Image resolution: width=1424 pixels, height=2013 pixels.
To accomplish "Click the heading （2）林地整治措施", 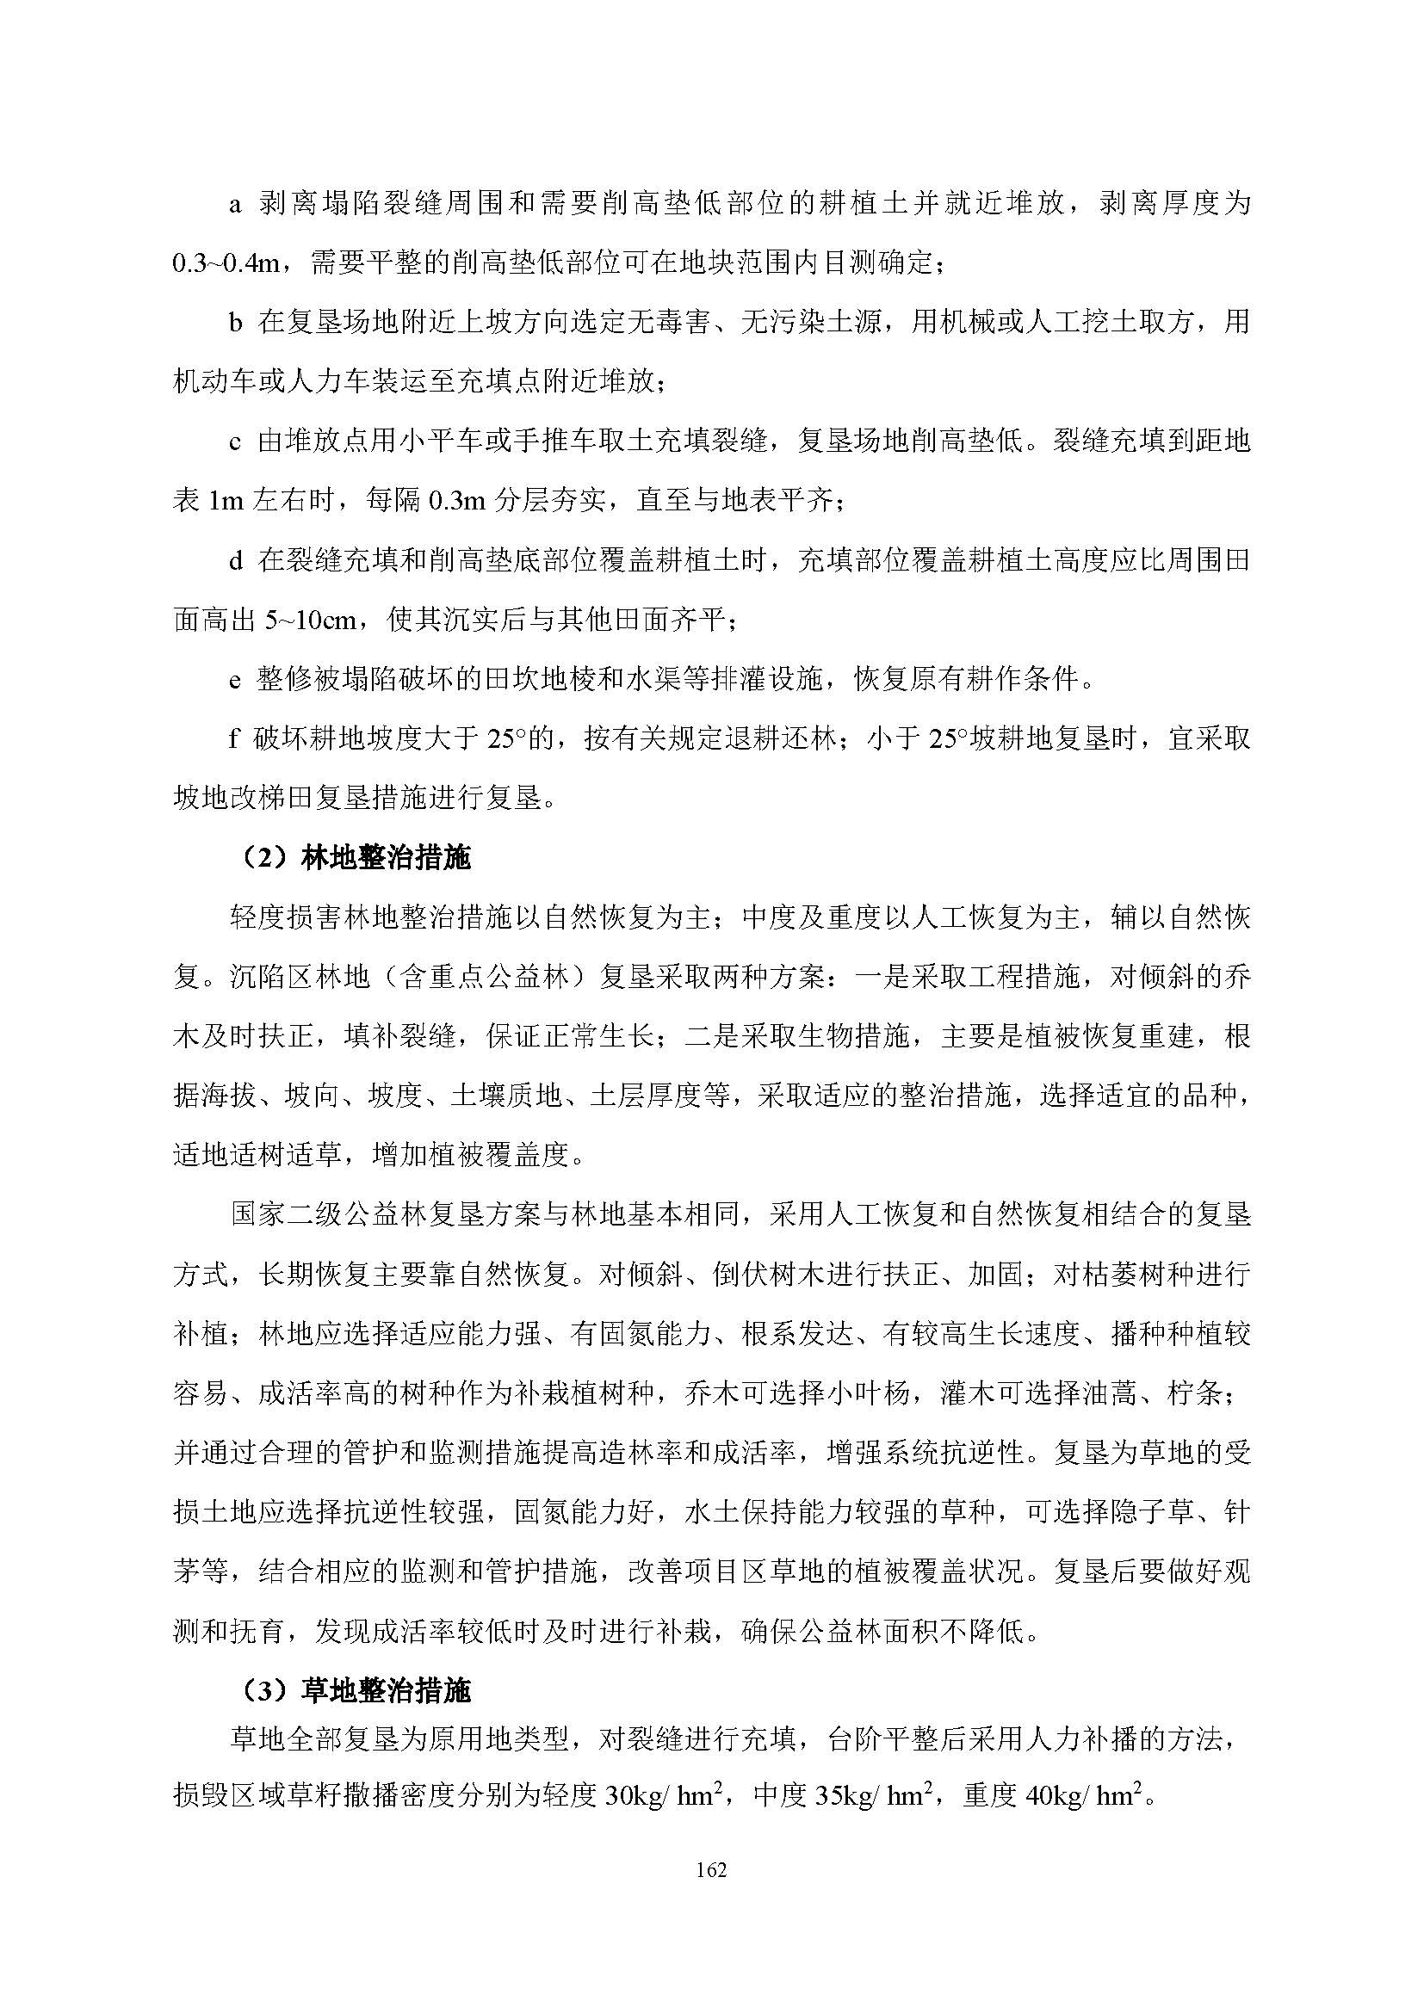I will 355,856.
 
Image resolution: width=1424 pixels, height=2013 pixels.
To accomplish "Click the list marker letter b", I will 235,324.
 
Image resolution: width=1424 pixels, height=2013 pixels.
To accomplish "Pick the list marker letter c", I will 234,442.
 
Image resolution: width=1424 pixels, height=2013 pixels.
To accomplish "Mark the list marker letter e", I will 234,680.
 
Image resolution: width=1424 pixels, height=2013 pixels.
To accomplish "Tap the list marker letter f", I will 233,739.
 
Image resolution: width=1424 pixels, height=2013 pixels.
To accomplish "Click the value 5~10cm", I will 311,621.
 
